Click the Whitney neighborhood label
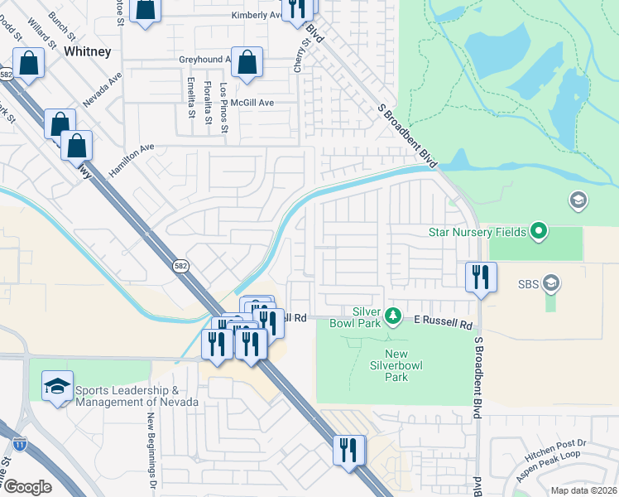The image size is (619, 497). pos(87,51)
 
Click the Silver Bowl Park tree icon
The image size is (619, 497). pos(394,316)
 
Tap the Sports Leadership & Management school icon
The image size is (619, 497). pos(57,388)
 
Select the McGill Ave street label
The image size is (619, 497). pos(252,103)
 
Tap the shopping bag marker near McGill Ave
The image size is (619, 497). pos(247,64)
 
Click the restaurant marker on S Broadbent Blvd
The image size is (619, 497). pos(481,277)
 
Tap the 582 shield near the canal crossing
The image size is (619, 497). pos(180,266)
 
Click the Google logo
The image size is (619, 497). pos(27,486)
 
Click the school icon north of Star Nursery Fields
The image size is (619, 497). pos(578,200)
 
